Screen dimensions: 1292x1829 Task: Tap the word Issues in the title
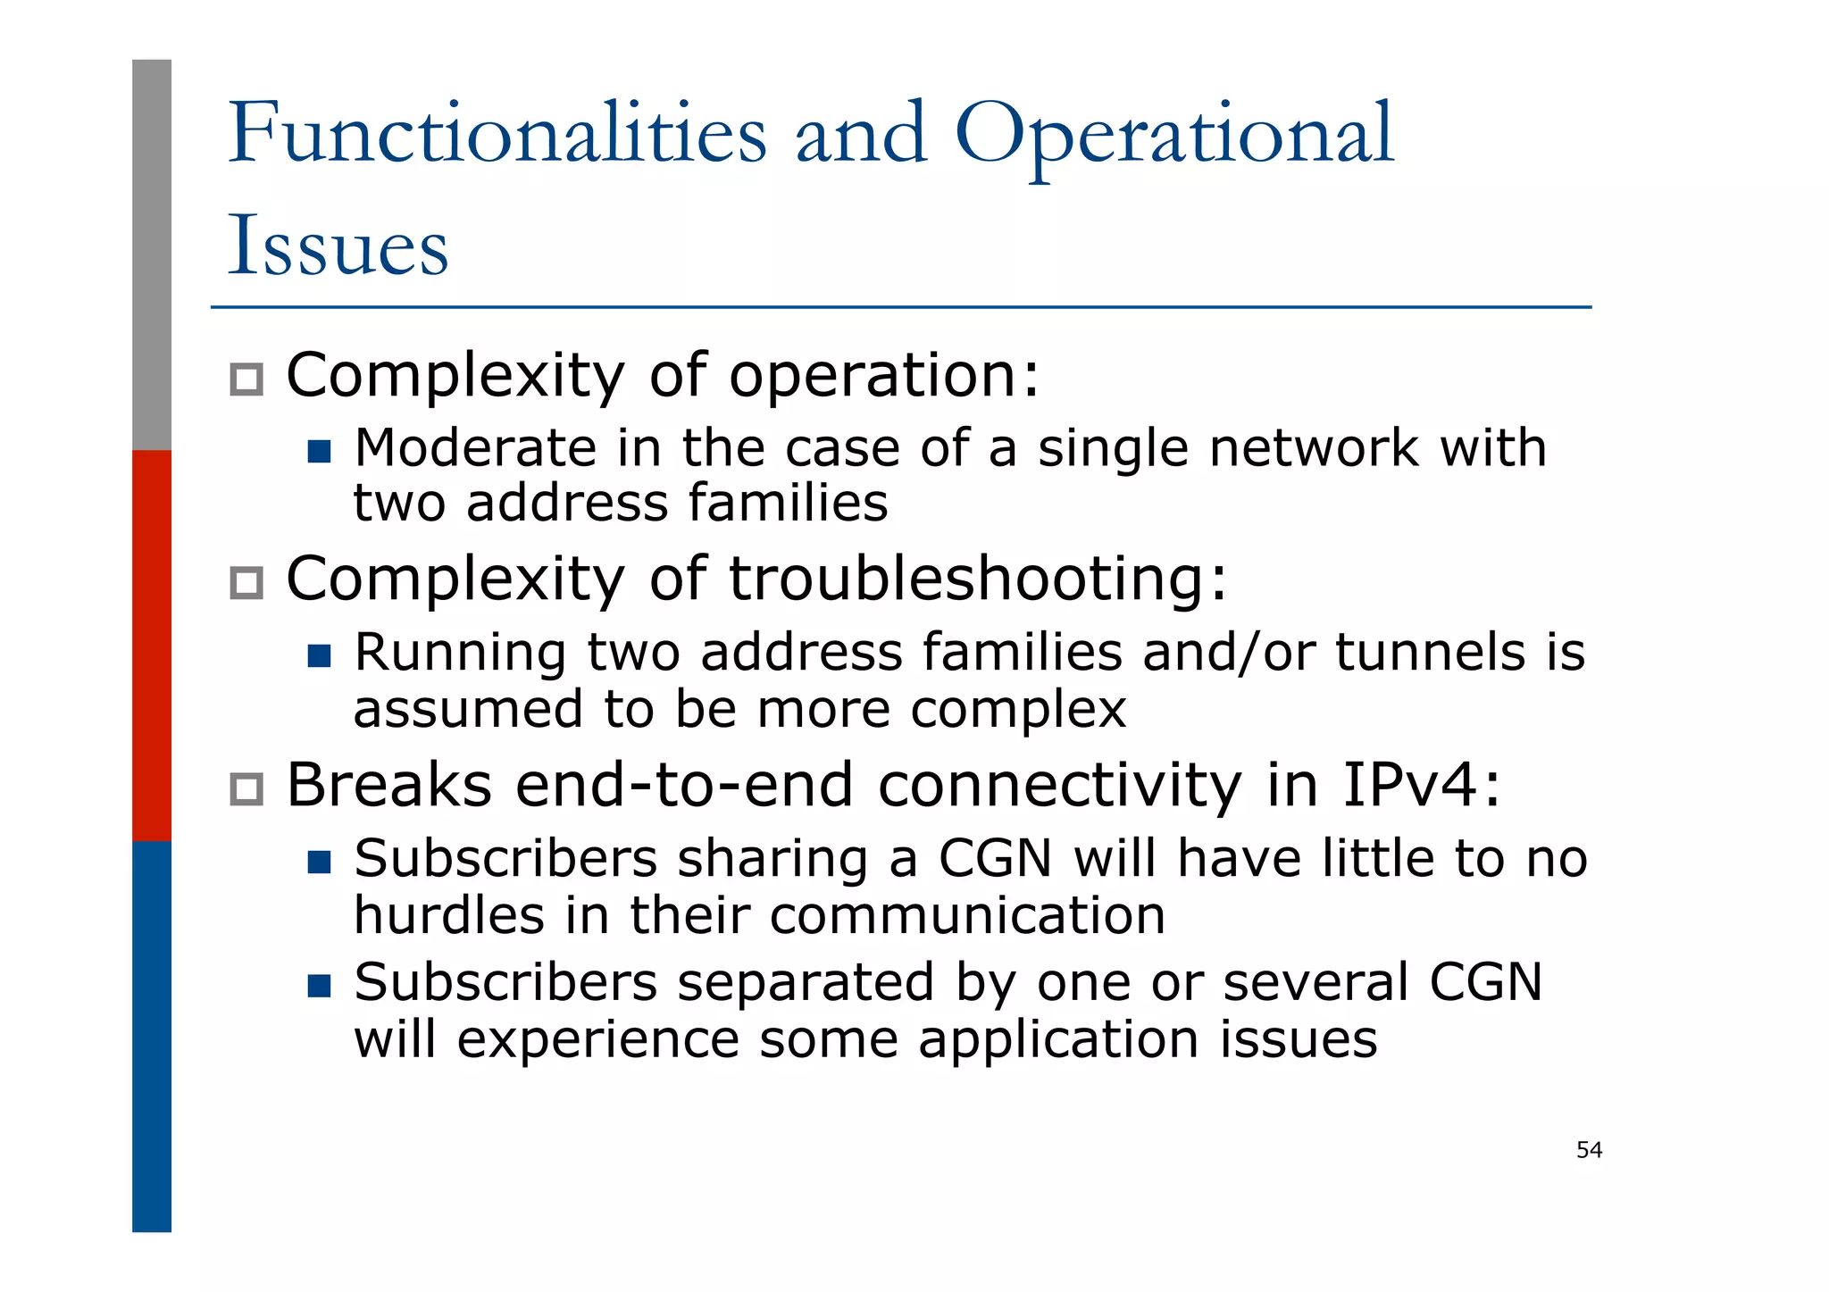pos(338,246)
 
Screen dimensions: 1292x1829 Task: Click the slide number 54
pos(1589,1150)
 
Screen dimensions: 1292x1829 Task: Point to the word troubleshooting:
pos(979,579)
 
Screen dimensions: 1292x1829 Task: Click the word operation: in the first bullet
pos(884,375)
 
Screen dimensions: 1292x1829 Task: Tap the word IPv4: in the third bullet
pos(1421,785)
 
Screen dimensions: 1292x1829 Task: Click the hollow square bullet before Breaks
pos(246,789)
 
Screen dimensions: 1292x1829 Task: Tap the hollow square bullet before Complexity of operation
pos(246,379)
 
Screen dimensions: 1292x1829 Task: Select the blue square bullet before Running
pos(319,656)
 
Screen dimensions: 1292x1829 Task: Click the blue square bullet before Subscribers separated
pos(319,986)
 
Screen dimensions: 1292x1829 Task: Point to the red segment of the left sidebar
pos(152,645)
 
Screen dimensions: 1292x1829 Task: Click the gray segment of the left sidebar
pos(152,254)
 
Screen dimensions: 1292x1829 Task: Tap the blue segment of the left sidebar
pos(152,1036)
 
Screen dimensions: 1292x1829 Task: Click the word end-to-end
pos(684,785)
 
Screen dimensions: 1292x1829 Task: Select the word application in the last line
pos(1059,1040)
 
